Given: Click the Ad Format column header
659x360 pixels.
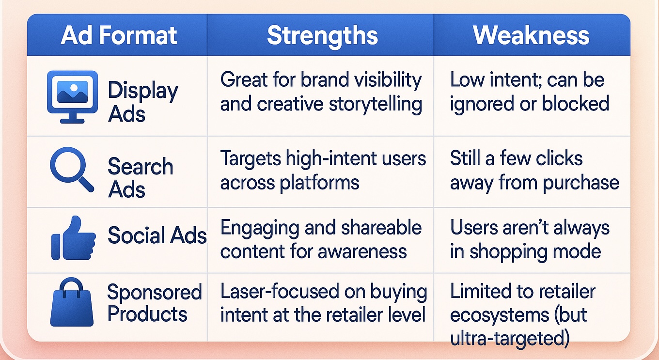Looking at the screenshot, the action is coord(119,35).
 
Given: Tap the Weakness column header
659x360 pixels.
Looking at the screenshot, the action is coord(531,35).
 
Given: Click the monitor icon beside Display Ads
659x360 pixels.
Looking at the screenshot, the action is coord(72,97).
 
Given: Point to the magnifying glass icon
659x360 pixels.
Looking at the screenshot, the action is coord(72,169).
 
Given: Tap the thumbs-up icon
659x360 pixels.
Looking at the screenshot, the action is coord(74,238).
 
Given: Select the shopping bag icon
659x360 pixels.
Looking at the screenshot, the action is coord(72,302).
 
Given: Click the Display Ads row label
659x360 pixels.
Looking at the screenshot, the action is coord(143,101).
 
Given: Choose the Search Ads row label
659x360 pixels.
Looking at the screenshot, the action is coord(141,177).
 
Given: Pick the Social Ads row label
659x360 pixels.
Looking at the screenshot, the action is coord(157,235).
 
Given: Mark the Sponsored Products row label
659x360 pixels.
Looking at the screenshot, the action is coord(155,303).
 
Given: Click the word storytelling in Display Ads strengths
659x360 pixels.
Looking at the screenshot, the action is coord(376,104).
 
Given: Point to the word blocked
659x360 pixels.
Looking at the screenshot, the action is coord(576,104).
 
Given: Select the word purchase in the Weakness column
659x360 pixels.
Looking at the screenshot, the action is coord(581,183).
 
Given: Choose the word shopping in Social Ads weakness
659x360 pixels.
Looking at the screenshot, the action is coord(508,252).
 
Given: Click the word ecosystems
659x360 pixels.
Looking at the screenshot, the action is coord(500,315).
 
